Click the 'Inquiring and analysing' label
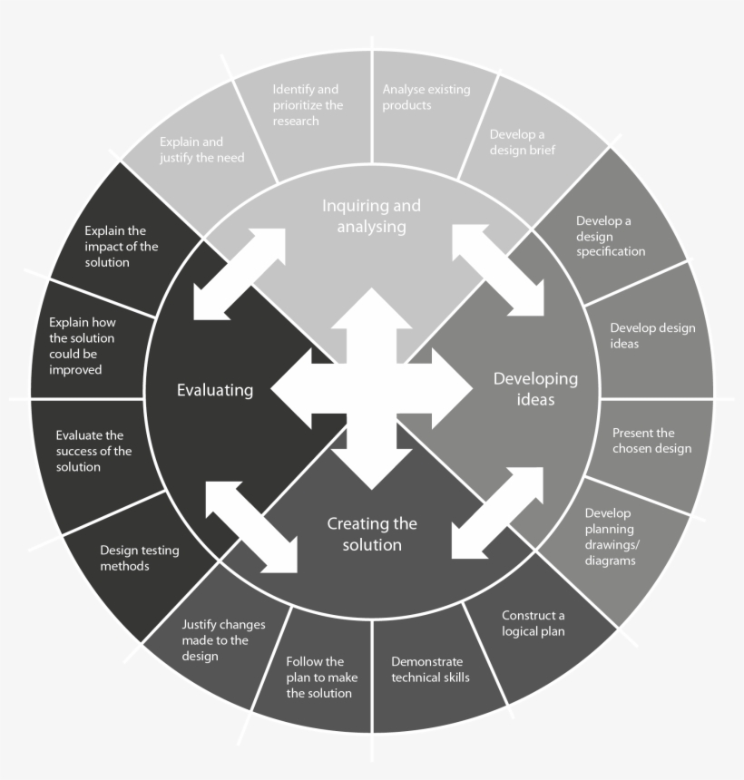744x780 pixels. [371, 216]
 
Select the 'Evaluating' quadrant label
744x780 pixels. [214, 390]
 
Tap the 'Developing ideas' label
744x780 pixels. [535, 388]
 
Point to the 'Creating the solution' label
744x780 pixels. [372, 534]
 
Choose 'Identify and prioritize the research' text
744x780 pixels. [308, 105]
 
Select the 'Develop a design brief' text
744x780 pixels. [523, 142]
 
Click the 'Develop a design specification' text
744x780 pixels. [611, 235]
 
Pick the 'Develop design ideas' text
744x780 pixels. [652, 336]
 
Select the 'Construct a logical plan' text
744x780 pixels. [534, 623]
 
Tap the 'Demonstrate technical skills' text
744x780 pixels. [430, 669]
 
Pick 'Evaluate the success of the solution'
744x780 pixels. [93, 451]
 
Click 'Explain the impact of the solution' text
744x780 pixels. [121, 247]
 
